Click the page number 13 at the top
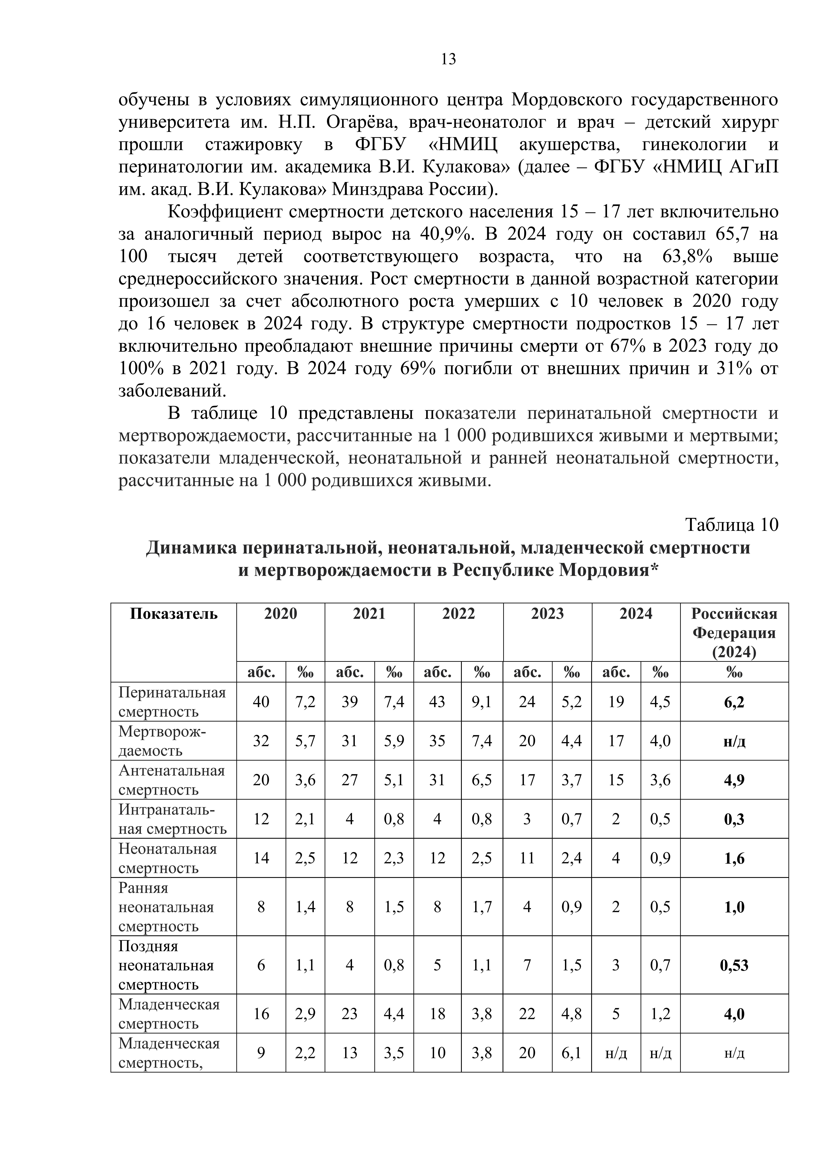pyautogui.click(x=448, y=60)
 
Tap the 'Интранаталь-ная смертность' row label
pyautogui.click(x=172, y=819)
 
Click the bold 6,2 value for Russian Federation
pyautogui.click(x=734, y=702)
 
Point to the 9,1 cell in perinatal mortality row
pyautogui.click(x=482, y=702)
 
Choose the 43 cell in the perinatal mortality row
pyautogui.click(x=437, y=702)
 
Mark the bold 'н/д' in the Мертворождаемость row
pyautogui.click(x=734, y=741)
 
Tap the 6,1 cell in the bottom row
pyautogui.click(x=571, y=1053)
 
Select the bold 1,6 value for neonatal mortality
pyautogui.click(x=734, y=858)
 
